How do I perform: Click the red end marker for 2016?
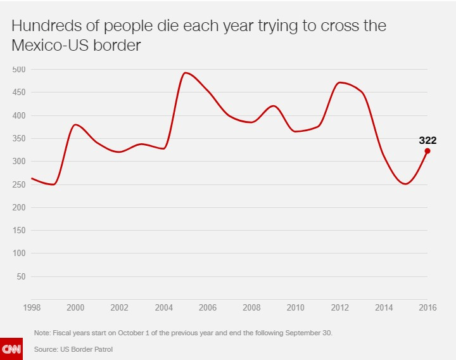pos(427,151)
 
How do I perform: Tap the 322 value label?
pos(427,141)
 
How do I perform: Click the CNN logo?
pos(11,349)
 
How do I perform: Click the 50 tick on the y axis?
pos(21,276)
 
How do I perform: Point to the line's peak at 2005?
pos(186,72)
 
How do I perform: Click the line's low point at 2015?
pos(405,184)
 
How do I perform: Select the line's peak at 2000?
pos(75,124)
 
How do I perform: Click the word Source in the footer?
pos(46,349)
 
